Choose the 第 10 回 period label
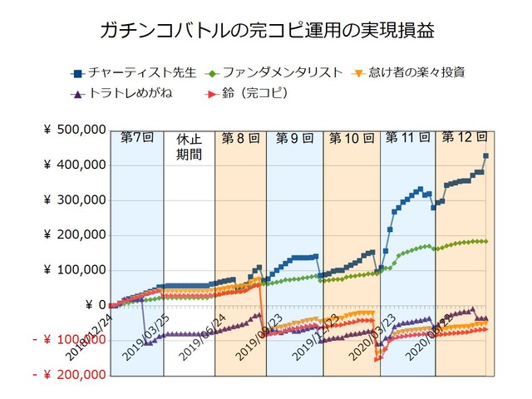point(351,137)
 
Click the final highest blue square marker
point(485,155)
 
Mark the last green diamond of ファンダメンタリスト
point(485,241)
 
